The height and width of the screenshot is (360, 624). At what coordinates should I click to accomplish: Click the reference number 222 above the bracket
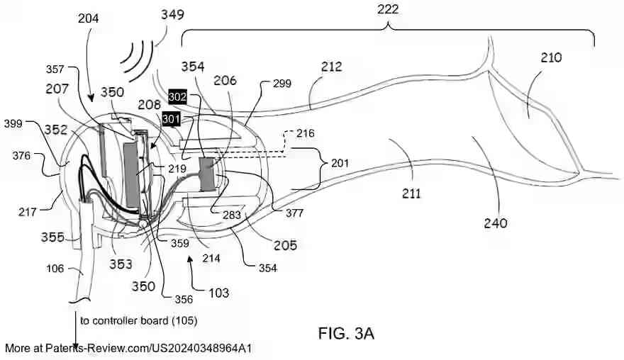coord(389,9)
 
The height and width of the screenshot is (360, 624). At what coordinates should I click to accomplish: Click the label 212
coord(330,67)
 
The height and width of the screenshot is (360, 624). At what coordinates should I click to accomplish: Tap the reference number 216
coord(306,133)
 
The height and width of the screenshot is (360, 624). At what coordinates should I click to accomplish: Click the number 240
coord(496,223)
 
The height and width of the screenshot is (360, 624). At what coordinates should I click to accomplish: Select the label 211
coord(411,193)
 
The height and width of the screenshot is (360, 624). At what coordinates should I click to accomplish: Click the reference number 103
coord(228,291)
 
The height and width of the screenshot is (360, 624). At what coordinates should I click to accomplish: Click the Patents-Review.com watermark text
coord(128,348)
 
